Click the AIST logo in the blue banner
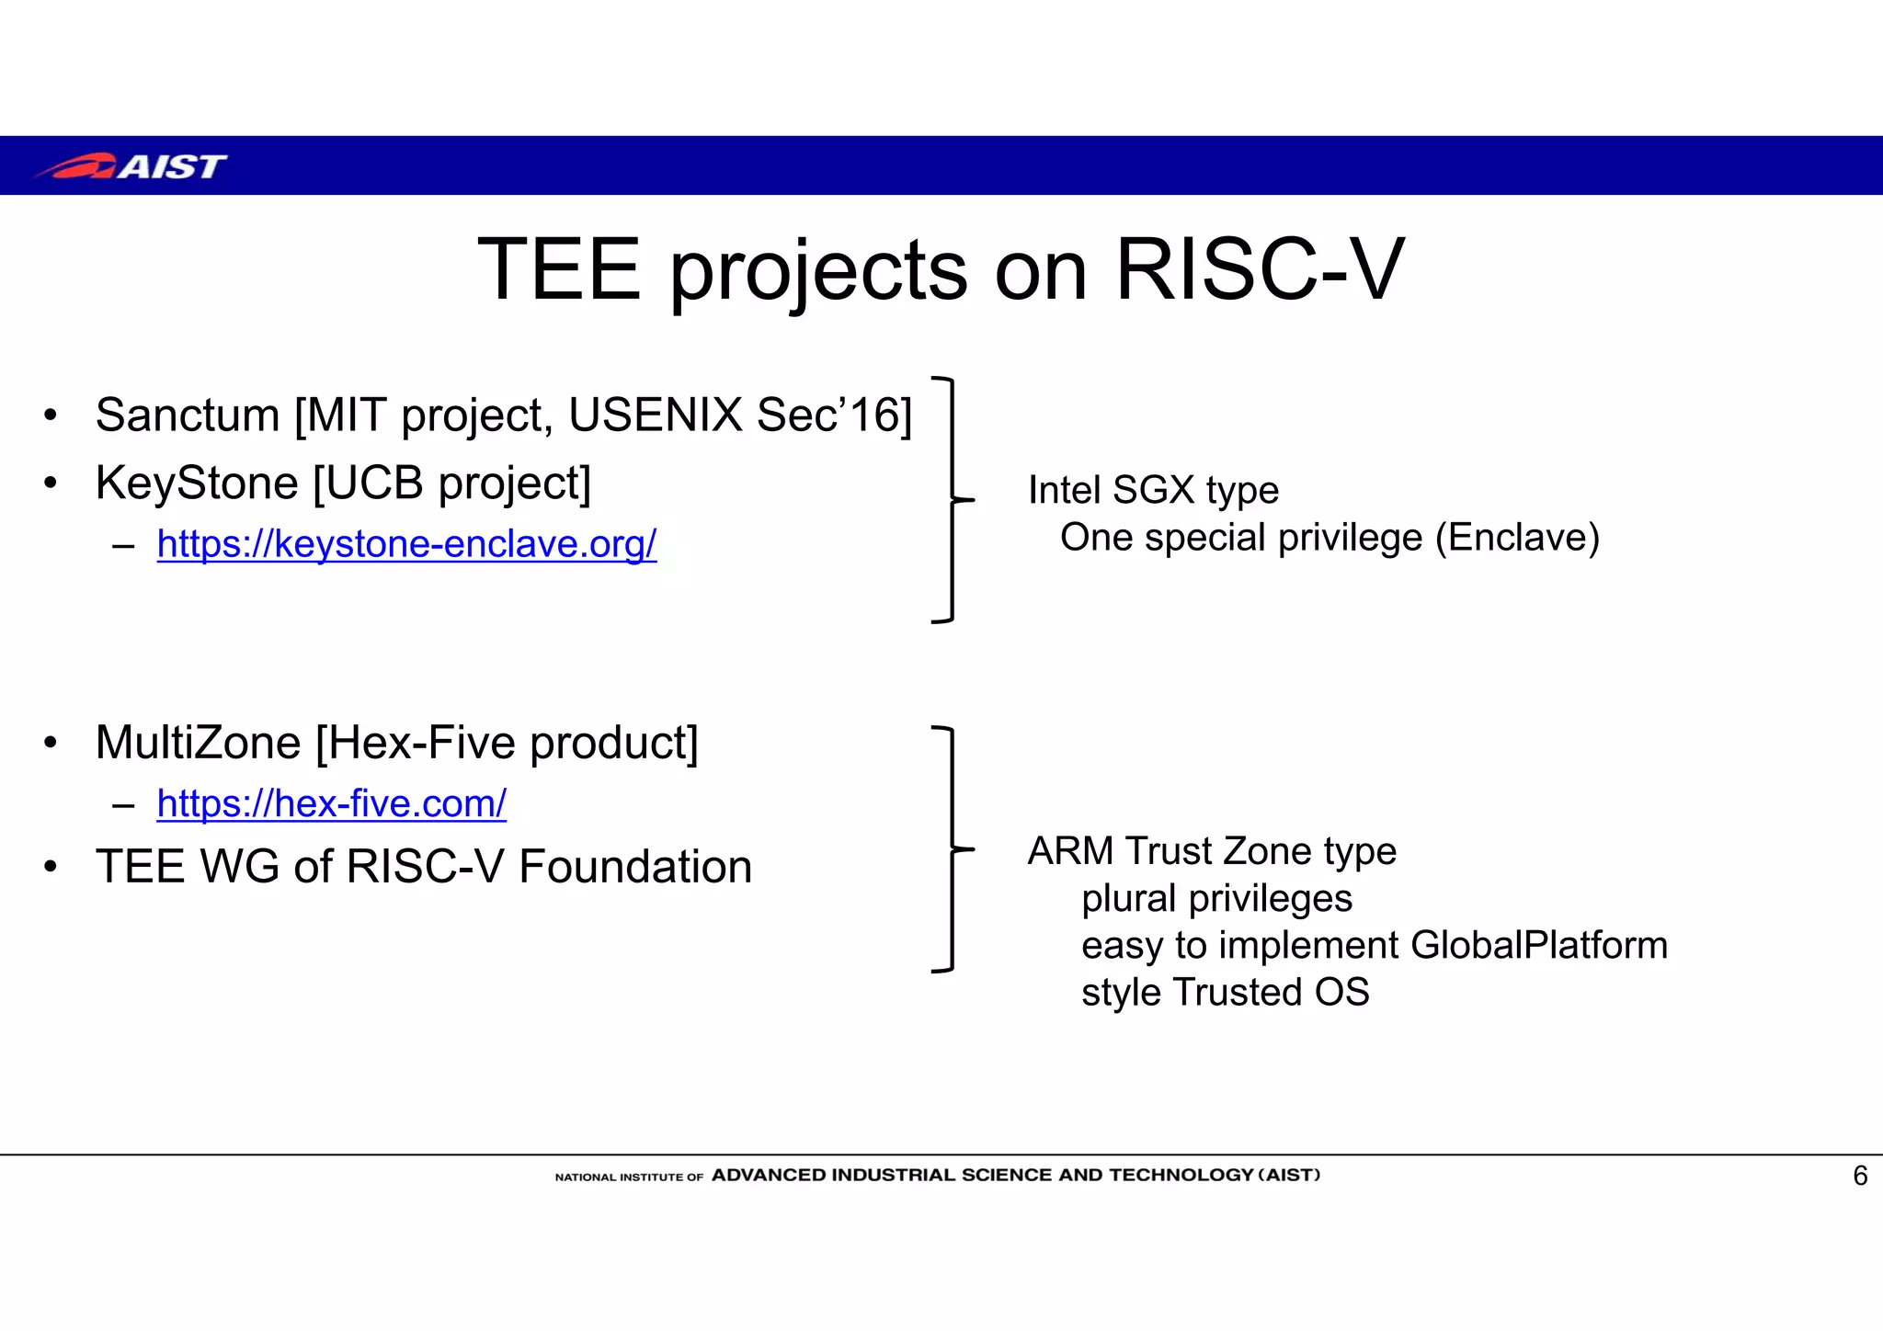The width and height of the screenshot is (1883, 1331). tap(131, 166)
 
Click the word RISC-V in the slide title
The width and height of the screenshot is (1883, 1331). tap(1259, 269)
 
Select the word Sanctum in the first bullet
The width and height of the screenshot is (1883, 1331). tap(188, 415)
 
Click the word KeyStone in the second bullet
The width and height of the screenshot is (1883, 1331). tap(197, 483)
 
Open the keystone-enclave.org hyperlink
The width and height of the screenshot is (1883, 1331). tap(406, 544)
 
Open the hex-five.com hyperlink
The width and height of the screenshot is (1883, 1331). tap(331, 803)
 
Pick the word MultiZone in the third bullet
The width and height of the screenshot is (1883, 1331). tap(198, 743)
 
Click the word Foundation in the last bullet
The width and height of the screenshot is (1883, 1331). tap(634, 867)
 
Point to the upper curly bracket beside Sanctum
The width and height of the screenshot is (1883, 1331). tap(951, 500)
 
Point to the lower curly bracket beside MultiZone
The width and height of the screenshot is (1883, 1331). tap(951, 849)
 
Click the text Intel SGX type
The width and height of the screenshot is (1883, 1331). tap(1153, 490)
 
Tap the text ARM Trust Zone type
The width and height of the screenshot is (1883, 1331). tap(1212, 851)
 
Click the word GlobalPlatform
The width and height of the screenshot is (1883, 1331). tap(1538, 945)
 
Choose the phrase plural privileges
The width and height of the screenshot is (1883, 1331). tap(1216, 898)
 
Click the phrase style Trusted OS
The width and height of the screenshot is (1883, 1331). tap(1225, 993)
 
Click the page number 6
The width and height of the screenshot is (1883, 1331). tap(1860, 1176)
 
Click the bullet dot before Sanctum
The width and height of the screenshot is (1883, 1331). tap(51, 415)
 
